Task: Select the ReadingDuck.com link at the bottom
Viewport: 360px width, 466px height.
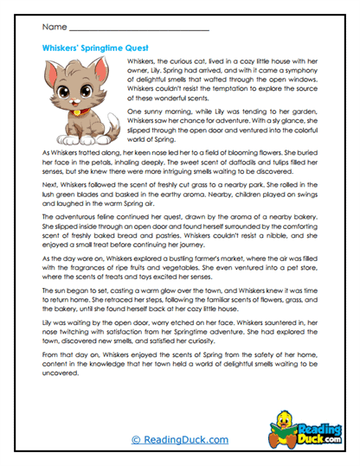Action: [x=179, y=439]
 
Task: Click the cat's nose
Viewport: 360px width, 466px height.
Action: [x=76, y=102]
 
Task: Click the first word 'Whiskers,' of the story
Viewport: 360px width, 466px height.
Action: [x=142, y=64]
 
